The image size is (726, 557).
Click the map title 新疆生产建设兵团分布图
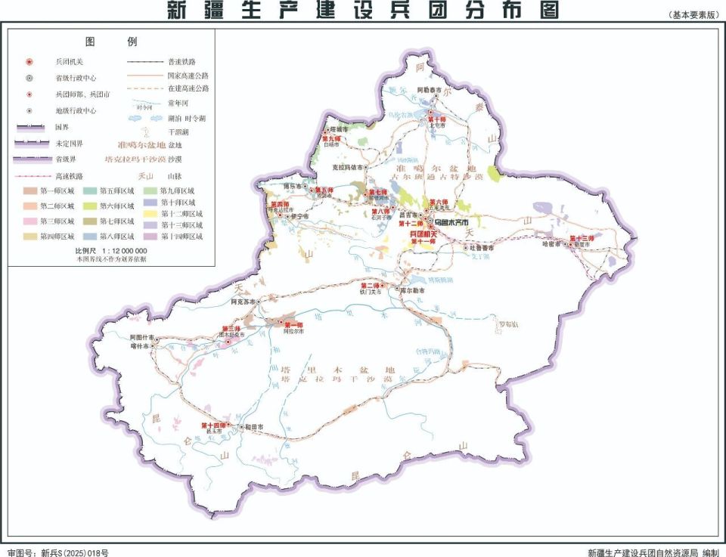(362, 11)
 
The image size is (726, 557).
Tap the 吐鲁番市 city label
(480, 247)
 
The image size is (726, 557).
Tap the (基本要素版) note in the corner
(693, 16)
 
